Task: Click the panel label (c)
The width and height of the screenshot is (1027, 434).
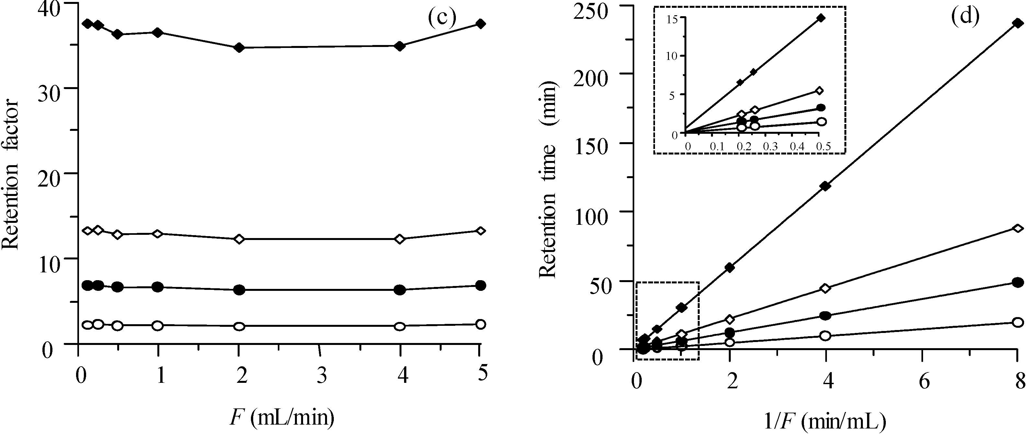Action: (x=441, y=18)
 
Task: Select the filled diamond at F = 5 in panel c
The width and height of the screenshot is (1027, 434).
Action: (x=481, y=24)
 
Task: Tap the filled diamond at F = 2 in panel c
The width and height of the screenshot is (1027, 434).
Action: (x=239, y=48)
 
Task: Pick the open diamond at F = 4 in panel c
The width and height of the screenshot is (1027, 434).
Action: (x=400, y=239)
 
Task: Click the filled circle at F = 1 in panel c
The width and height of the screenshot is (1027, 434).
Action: (x=158, y=287)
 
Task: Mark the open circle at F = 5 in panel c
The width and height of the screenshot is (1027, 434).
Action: (x=481, y=324)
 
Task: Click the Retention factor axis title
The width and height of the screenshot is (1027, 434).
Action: (x=10, y=175)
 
